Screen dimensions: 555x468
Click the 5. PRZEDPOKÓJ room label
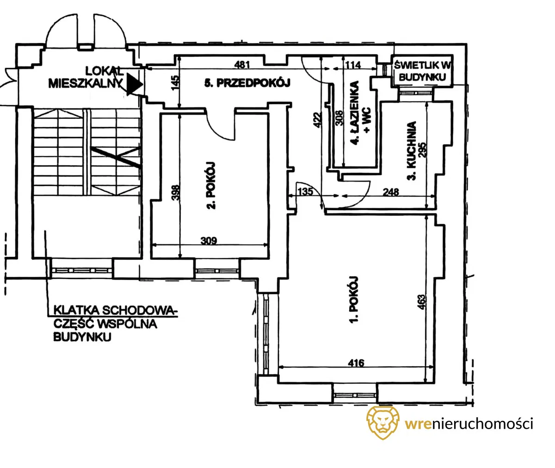tap(247, 83)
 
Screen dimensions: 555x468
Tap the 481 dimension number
tap(242, 65)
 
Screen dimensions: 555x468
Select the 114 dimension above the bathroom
tap(353, 65)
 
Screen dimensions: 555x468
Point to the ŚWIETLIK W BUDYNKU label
tap(422, 71)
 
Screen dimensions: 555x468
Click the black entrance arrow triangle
tap(134, 85)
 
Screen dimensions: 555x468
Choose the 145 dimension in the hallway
tap(175, 83)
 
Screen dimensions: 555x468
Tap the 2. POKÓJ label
tap(211, 185)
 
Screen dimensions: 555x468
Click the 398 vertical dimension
tap(176, 193)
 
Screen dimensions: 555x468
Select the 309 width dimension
tap(209, 241)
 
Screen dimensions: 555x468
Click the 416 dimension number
tap(356, 363)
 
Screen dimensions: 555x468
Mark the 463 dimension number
tap(422, 302)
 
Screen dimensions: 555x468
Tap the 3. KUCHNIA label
tap(412, 151)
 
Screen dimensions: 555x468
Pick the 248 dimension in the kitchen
tap(391, 192)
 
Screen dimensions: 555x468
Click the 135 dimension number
tap(305, 192)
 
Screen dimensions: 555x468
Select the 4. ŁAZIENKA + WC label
tap(361, 113)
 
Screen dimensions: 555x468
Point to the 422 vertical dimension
tap(317, 120)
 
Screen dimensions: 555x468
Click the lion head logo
tap(383, 423)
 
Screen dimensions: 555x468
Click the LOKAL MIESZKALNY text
tap(86, 77)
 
